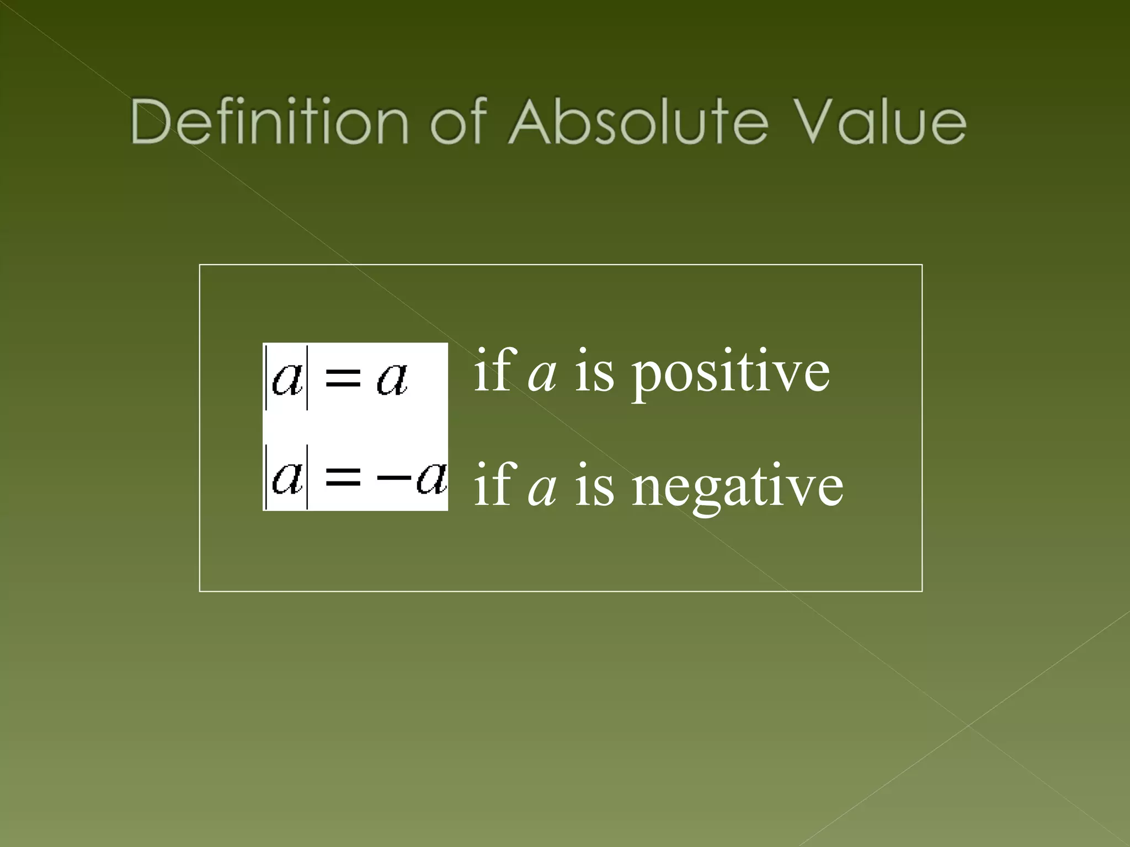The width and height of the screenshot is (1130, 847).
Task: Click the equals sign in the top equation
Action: coord(343,379)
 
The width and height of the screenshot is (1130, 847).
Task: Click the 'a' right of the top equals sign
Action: coord(392,379)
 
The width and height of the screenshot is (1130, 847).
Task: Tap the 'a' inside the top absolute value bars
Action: coord(287,379)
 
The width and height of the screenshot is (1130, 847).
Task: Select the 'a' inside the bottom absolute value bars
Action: coord(287,477)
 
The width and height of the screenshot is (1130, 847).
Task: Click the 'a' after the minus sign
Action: coord(431,477)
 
